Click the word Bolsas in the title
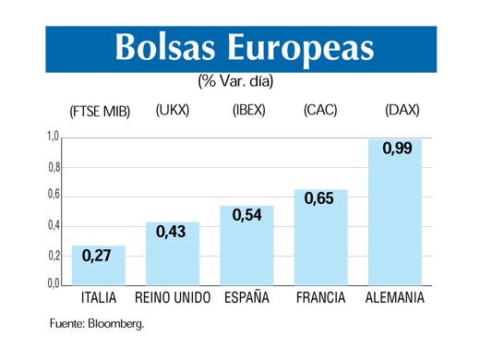tap(165, 49)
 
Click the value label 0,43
tap(171, 233)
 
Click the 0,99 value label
tap(396, 150)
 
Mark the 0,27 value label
tap(97, 257)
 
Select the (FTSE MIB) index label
tap(100, 112)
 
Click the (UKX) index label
tap(173, 111)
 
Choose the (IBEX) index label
tap(246, 111)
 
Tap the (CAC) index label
tap(320, 111)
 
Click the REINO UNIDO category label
tap(173, 298)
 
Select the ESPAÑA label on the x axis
tap(246, 298)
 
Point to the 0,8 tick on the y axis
tap(54, 167)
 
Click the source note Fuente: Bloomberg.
tap(97, 324)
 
